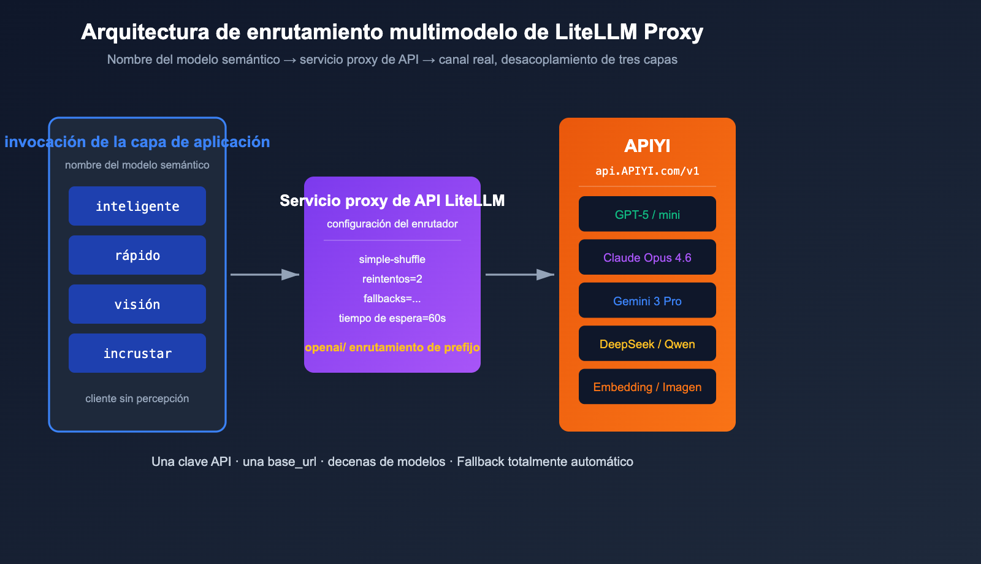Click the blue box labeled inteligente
pyautogui.click(x=137, y=206)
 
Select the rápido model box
pyautogui.click(x=137, y=255)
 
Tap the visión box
pyautogui.click(x=137, y=304)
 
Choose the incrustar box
pyautogui.click(x=137, y=353)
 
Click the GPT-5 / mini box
pyautogui.click(x=647, y=214)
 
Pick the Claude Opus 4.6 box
pyautogui.click(x=647, y=257)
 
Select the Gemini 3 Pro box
pyautogui.click(x=647, y=300)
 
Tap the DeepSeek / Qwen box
pyautogui.click(x=647, y=343)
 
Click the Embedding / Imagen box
pyautogui.click(x=647, y=386)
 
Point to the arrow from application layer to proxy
pyautogui.click(x=264, y=275)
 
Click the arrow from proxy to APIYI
pyautogui.click(x=519, y=275)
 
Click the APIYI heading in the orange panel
pyautogui.click(x=647, y=146)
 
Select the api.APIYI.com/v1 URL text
pyautogui.click(x=647, y=171)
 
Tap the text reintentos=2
pyautogui.click(x=392, y=279)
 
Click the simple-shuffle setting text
pyautogui.click(x=392, y=259)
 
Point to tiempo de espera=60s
pyautogui.click(x=392, y=318)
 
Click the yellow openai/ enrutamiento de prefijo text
pyautogui.click(x=392, y=348)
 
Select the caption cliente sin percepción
pyautogui.click(x=137, y=398)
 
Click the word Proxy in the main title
pyautogui.click(x=673, y=32)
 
